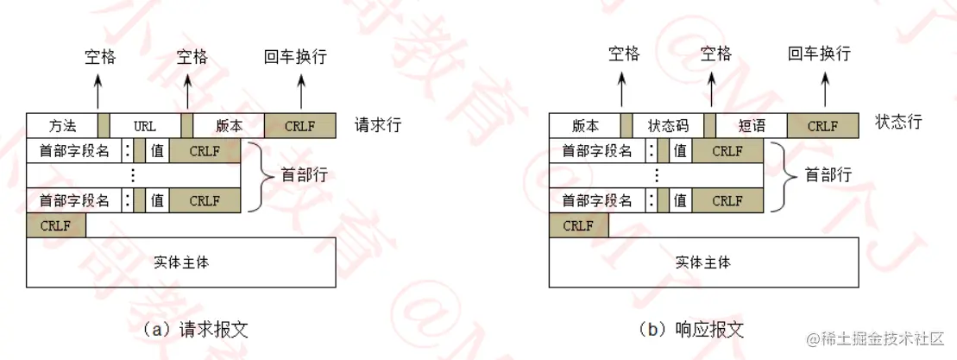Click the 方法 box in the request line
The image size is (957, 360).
pos(61,126)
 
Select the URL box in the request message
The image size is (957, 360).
pos(145,126)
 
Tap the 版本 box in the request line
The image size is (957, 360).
pos(228,126)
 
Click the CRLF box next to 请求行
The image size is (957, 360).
pos(299,126)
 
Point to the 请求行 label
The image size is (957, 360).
pos(378,126)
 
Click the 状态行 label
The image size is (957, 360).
pos(898,122)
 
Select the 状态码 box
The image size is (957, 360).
pos(668,126)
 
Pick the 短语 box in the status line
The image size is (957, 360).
pos(752,126)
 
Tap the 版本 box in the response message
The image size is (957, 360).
pos(584,126)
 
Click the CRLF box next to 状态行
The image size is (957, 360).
pos(822,126)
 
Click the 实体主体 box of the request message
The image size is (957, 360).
pos(181,262)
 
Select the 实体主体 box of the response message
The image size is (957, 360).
pos(703,262)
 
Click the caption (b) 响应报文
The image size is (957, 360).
pos(690,329)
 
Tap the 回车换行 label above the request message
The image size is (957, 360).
pos(296,57)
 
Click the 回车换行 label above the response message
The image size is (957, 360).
pos(819,54)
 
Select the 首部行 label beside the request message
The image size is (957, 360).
pos(305,175)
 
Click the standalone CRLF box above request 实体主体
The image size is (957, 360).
pos(56,226)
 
